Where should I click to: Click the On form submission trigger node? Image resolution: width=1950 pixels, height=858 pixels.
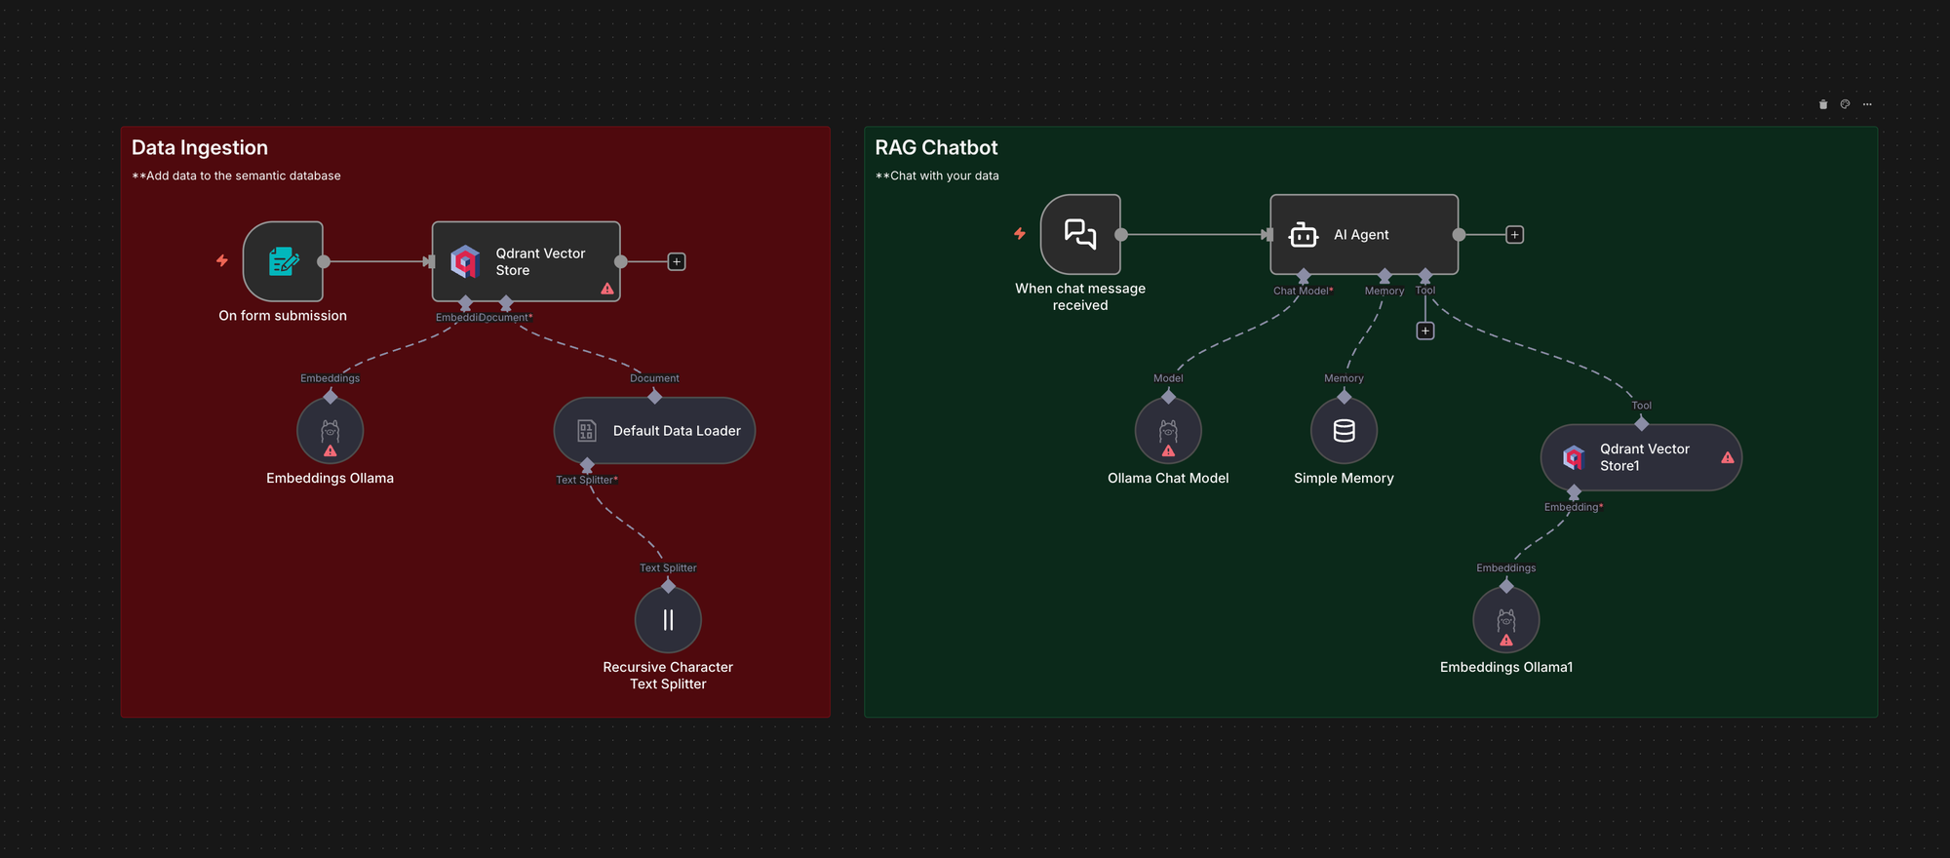coord(283,261)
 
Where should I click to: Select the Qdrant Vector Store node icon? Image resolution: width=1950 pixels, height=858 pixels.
coord(465,261)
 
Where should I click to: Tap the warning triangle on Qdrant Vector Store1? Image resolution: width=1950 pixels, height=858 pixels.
coord(1727,457)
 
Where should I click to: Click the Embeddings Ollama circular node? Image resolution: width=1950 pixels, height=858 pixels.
coord(330,430)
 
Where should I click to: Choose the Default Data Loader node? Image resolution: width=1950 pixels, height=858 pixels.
coord(654,430)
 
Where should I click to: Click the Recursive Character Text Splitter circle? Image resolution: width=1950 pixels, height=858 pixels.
coord(668,619)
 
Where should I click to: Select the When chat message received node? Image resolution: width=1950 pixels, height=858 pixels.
coord(1080,234)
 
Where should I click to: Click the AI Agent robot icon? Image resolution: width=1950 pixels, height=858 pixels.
coord(1303,235)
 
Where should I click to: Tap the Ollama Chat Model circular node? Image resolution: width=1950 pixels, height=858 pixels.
coord(1168,430)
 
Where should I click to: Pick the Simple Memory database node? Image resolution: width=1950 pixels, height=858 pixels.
coord(1344,430)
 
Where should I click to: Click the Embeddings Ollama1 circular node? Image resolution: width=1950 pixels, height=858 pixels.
coord(1505,619)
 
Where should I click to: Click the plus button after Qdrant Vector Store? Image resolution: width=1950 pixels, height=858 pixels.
coord(676,261)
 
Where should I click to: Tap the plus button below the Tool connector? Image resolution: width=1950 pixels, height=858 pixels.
coord(1424,331)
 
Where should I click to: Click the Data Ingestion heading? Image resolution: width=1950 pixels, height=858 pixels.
coord(200,147)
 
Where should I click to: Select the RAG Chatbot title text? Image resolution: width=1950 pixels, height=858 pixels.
coord(936,147)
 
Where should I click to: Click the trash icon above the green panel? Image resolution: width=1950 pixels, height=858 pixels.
coord(1822,104)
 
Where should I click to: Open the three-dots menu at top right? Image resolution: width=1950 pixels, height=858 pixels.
coord(1866,104)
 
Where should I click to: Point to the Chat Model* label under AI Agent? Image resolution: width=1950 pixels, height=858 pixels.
coord(1303,291)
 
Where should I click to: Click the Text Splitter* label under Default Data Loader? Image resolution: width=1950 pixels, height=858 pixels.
coord(586,480)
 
